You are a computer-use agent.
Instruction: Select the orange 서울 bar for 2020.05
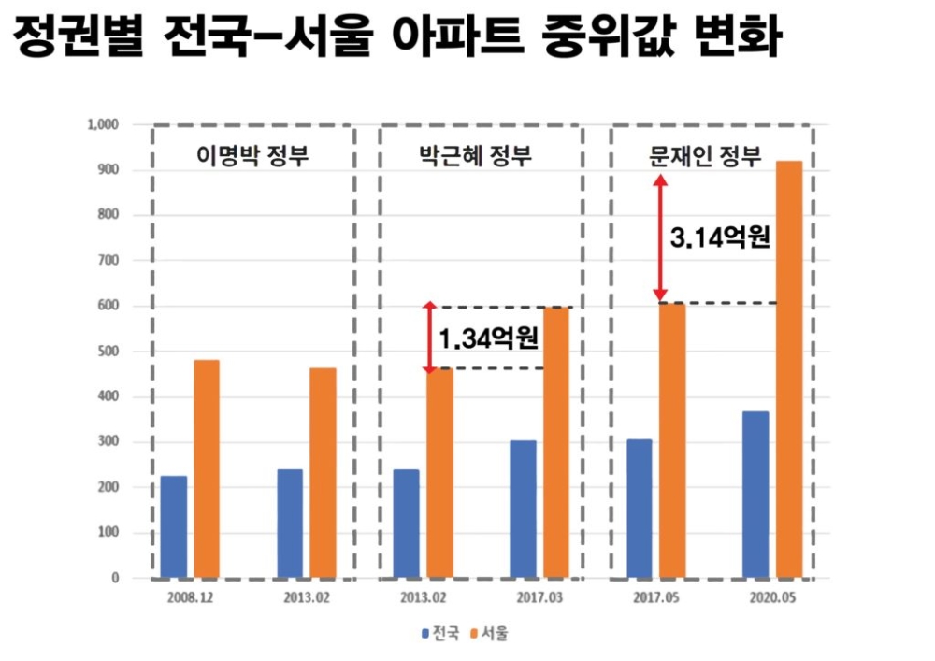pyautogui.click(x=788, y=369)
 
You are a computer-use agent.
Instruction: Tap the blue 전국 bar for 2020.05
pyautogui.click(x=755, y=495)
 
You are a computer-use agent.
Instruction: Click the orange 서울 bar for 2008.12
pyautogui.click(x=206, y=468)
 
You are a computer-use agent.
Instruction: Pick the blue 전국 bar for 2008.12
pyautogui.click(x=174, y=527)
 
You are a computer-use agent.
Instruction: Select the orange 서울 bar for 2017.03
pyautogui.click(x=555, y=442)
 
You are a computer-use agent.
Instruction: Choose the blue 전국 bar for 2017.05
pyautogui.click(x=640, y=509)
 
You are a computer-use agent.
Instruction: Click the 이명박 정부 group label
pyautogui.click(x=252, y=155)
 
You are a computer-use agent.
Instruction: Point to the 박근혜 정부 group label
pyautogui.click(x=482, y=155)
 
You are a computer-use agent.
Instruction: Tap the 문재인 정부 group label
pyautogui.click(x=705, y=155)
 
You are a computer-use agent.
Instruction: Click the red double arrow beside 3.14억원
pyautogui.click(x=660, y=237)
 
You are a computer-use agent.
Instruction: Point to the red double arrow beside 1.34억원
pyautogui.click(x=429, y=338)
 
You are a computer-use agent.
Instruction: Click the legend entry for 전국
pyautogui.click(x=439, y=634)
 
